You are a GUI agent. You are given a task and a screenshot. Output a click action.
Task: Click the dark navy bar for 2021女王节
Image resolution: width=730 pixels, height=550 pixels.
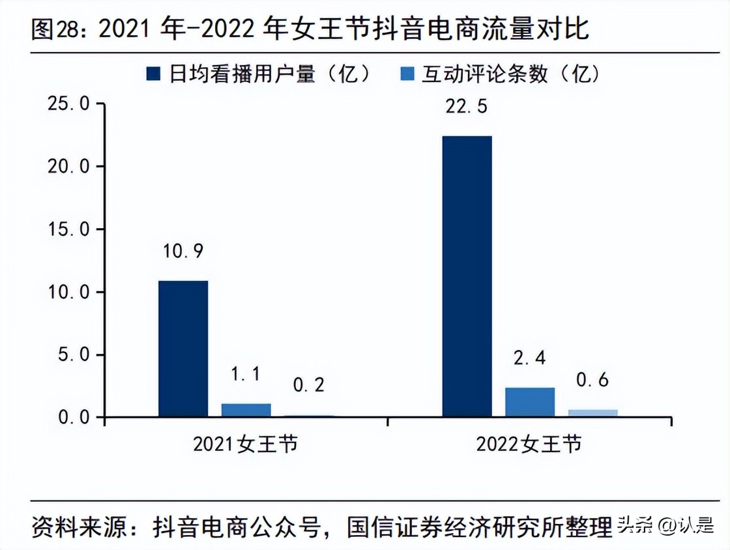(183, 349)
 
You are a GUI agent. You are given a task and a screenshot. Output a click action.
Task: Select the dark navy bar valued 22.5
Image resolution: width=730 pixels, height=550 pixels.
(467, 276)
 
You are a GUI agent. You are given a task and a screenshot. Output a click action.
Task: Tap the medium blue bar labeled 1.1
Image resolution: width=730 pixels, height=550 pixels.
(246, 410)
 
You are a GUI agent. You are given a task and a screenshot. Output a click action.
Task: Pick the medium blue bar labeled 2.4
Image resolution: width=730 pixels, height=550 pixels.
(529, 402)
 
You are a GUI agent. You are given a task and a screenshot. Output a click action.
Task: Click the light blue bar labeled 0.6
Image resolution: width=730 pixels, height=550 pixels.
(592, 412)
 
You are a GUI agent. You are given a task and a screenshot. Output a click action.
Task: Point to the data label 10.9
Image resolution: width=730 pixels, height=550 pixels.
(183, 252)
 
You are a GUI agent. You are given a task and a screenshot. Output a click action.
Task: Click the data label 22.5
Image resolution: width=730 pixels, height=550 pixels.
(467, 106)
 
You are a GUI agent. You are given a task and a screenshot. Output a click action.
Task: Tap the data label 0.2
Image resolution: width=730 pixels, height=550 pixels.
(308, 385)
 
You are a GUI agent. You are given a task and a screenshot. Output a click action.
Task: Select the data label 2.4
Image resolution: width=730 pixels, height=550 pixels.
(529, 358)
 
